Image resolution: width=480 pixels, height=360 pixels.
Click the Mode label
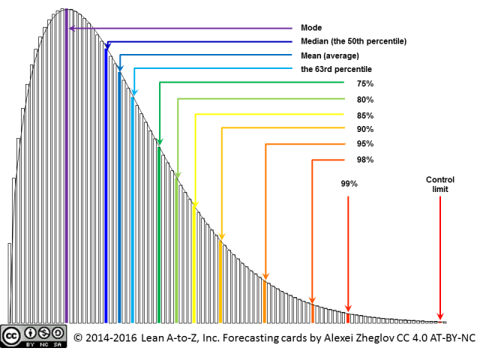pyautogui.click(x=311, y=28)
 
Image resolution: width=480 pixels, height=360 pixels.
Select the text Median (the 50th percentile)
pyautogui.click(x=353, y=41)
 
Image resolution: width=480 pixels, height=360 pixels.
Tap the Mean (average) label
pyautogui.click(x=330, y=55)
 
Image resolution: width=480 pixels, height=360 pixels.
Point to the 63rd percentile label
pyautogui.click(x=336, y=69)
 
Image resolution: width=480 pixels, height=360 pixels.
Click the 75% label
pyautogui.click(x=365, y=83)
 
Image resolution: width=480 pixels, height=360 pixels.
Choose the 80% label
pyautogui.click(x=365, y=100)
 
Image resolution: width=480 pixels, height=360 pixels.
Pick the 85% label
pyautogui.click(x=365, y=115)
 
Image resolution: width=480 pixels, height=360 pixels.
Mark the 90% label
pyautogui.click(x=365, y=129)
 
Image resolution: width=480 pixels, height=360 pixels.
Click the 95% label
pyautogui.click(x=365, y=144)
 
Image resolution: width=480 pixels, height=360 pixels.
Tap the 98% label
pyautogui.click(x=365, y=160)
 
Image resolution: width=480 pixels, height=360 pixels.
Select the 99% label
pyautogui.click(x=348, y=183)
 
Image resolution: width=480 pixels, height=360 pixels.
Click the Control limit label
pyautogui.click(x=440, y=184)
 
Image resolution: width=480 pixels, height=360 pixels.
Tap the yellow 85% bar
pyautogui.click(x=194, y=262)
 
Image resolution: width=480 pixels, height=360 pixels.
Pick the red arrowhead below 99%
pyautogui.click(x=348, y=307)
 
